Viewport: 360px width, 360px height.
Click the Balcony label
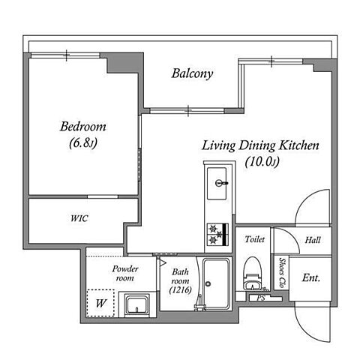tap(192, 73)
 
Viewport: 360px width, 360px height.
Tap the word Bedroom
tap(83, 127)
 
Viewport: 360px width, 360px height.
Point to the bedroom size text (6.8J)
tap(83, 143)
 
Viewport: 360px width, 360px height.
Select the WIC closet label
tap(79, 218)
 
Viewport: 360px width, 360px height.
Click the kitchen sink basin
tap(217, 183)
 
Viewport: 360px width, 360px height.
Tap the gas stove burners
tap(217, 234)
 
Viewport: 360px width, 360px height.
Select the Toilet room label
tap(255, 239)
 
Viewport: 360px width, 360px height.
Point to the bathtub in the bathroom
tap(216, 283)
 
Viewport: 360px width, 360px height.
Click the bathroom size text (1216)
tap(181, 290)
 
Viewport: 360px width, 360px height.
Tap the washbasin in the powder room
tap(137, 305)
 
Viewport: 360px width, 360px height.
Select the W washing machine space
tap(100, 303)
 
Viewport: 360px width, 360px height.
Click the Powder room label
tap(125, 273)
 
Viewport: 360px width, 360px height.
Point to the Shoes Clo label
tap(282, 273)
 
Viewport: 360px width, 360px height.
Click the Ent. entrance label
tap(311, 277)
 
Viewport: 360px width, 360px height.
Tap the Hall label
tap(313, 240)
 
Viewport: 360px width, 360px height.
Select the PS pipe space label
tap(261, 298)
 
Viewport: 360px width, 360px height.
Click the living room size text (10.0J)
tap(262, 162)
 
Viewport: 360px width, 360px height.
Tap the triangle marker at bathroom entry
tap(163, 263)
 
